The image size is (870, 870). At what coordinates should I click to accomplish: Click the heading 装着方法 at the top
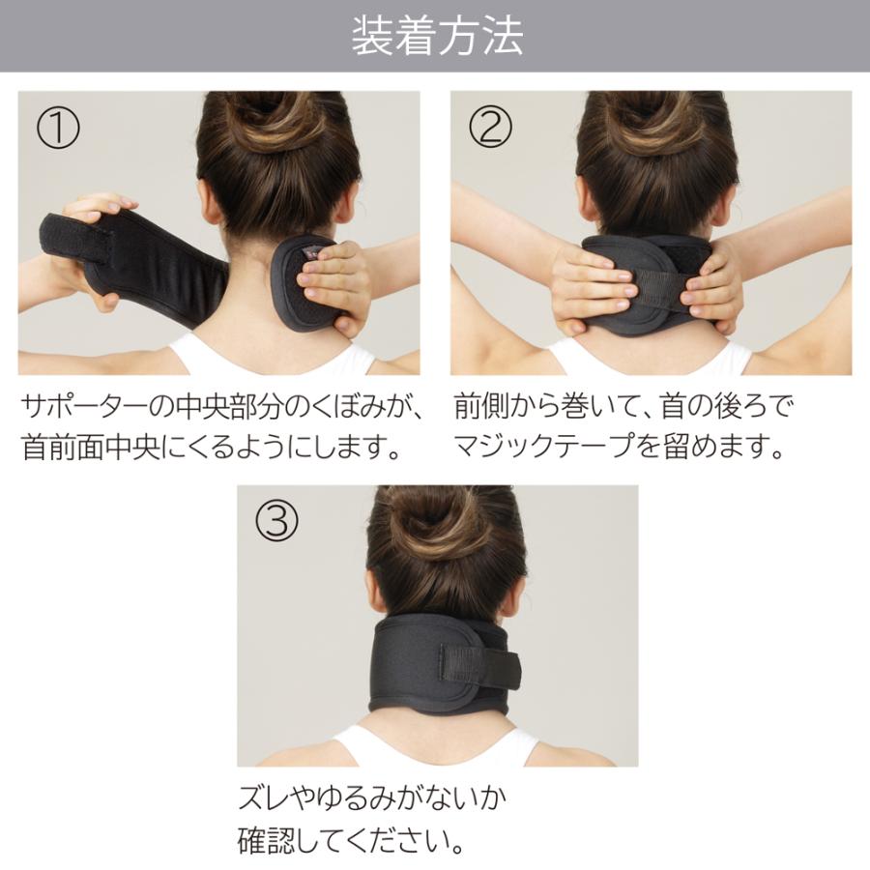pos(436,37)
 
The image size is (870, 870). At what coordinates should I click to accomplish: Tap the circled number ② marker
pos(490,129)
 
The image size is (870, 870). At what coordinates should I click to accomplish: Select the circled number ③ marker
pos(276,523)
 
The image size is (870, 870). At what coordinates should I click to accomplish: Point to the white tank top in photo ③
pos(435,748)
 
